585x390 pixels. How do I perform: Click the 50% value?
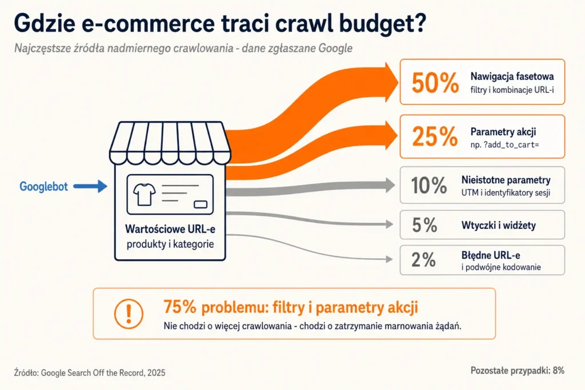coord(435,82)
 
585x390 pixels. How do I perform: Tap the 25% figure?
coord(435,136)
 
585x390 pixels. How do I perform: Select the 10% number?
coord(429,185)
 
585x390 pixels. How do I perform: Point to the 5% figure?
coord(424,225)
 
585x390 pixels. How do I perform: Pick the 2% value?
coord(423,259)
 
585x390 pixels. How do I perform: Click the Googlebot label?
coord(43,186)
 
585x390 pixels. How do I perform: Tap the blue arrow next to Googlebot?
coord(90,186)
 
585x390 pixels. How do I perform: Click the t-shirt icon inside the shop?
coord(145,194)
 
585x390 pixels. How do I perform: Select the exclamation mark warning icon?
coord(129,313)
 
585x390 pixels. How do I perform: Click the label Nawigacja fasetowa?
coord(512,77)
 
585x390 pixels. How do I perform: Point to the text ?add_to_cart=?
coord(511,145)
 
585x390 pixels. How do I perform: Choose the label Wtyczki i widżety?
coord(498,225)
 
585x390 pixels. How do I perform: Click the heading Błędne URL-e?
coord(491,255)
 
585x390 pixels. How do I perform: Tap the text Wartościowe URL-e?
coord(170,228)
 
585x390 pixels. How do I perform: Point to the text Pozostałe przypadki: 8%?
coord(518,370)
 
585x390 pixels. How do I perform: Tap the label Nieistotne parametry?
coord(506,180)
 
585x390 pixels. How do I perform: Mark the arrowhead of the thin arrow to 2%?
coord(389,259)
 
